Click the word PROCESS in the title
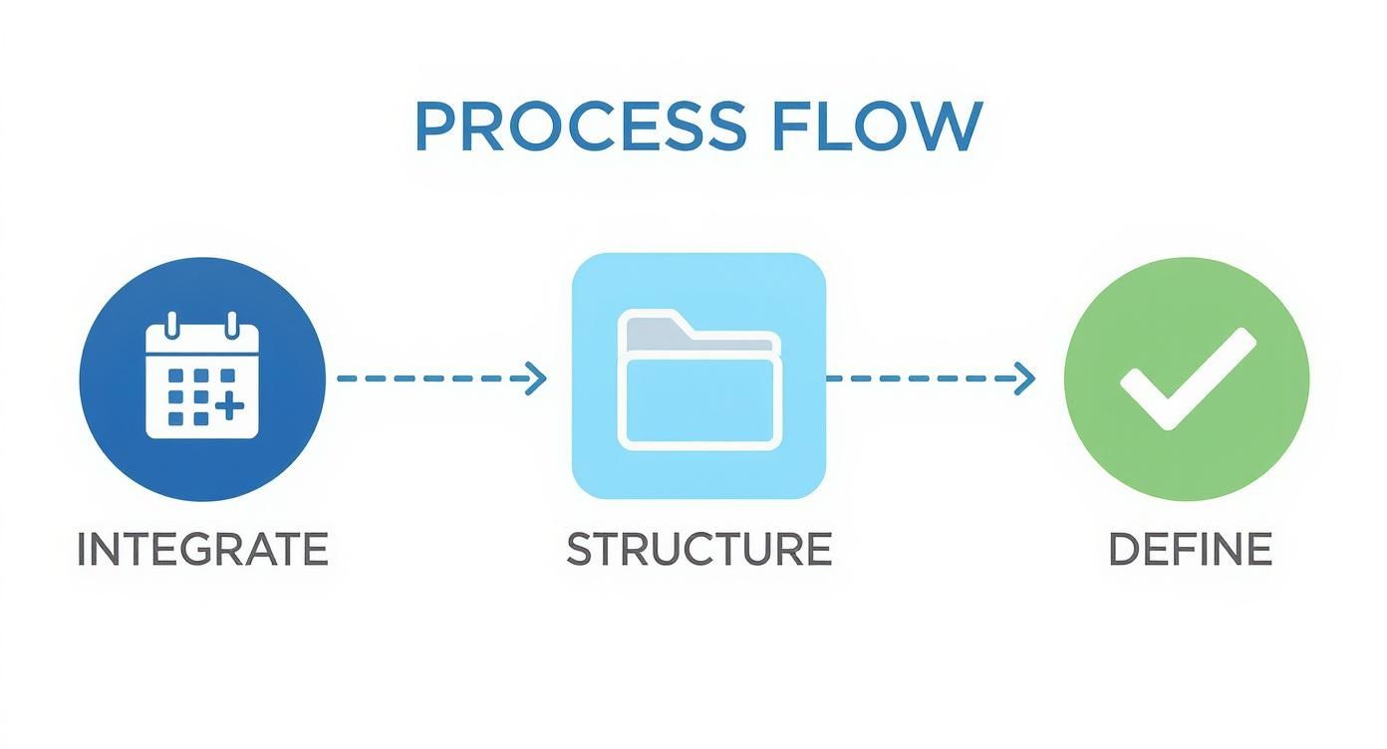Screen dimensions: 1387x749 [581, 125]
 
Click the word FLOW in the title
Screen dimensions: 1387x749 [878, 125]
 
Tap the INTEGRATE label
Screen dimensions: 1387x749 [202, 549]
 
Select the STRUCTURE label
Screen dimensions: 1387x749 [699, 549]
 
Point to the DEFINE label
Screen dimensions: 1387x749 [1190, 549]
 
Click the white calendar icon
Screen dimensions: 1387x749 [202, 375]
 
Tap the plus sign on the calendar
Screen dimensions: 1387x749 [229, 406]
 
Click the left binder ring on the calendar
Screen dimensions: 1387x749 [172, 325]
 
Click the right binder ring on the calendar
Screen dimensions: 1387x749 [232, 325]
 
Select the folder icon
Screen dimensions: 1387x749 [699, 379]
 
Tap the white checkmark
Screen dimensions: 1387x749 [1189, 378]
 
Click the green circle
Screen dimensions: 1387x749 [1187, 378]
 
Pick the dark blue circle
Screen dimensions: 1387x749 [202, 378]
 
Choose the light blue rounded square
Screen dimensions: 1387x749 [699, 375]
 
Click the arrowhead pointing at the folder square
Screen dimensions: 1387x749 [536, 378]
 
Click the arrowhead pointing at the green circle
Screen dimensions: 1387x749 [1024, 378]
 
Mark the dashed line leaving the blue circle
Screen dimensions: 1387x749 [441, 378]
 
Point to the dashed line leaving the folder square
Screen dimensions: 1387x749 [931, 378]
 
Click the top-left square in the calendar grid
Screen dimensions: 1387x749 [175, 375]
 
